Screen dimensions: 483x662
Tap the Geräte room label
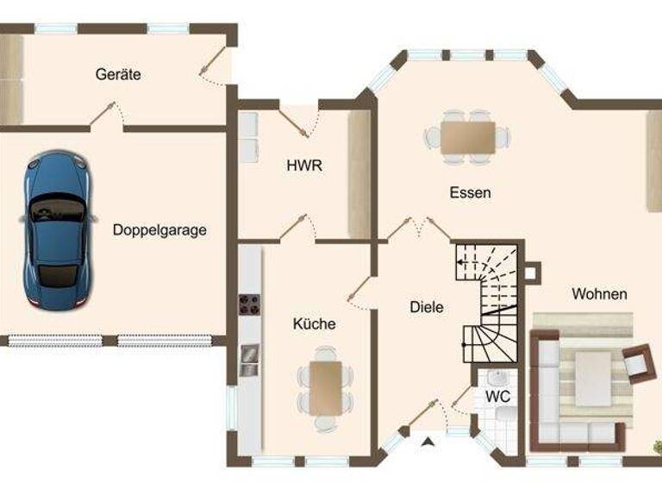118,74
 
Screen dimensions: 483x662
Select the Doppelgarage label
159,230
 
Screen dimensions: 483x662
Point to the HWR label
304,166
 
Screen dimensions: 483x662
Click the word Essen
470,192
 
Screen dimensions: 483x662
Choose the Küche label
314,324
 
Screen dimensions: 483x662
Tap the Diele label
426,306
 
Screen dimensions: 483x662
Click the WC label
497,396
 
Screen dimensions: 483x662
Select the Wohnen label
599,294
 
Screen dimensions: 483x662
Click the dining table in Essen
468,135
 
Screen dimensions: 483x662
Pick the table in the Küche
326,386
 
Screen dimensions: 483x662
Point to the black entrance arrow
428,443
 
